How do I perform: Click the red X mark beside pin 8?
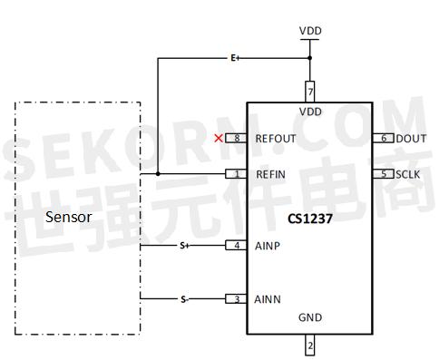pos(218,139)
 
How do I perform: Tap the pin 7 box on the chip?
pos(310,92)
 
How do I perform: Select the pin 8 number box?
pos(237,139)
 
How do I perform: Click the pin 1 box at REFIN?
pos(237,173)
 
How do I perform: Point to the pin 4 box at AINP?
pos(237,245)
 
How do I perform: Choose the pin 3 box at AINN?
pos(237,298)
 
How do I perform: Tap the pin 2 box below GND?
pos(310,345)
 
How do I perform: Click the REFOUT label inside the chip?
pos(276,139)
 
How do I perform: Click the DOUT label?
pos(411,139)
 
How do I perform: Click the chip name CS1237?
pos(309,219)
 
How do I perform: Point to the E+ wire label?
pos(234,59)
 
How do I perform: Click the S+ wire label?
pos(183,245)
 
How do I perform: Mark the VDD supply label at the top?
pos(310,31)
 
